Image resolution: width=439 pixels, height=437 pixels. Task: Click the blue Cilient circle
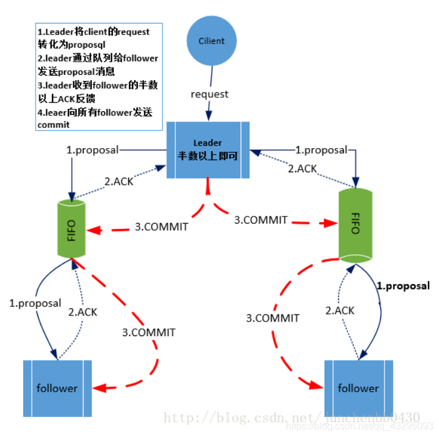pyautogui.click(x=212, y=42)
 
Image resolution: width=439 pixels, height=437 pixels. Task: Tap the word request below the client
pyautogui.click(x=210, y=94)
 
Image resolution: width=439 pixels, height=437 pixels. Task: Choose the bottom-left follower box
pyautogui.click(x=57, y=388)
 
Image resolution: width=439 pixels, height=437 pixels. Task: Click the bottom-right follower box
pyautogui.click(x=358, y=388)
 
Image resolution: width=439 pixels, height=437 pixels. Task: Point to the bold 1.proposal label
pyautogui.click(x=403, y=286)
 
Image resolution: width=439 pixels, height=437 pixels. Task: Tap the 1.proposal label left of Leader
pyautogui.click(x=93, y=149)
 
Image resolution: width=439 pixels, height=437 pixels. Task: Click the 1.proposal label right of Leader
pyautogui.click(x=322, y=149)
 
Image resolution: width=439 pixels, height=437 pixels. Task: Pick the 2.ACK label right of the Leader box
pyautogui.click(x=302, y=169)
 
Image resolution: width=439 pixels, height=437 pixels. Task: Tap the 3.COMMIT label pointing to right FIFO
pyautogui.click(x=261, y=220)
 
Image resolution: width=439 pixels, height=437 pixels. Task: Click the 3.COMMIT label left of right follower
pyautogui.click(x=273, y=317)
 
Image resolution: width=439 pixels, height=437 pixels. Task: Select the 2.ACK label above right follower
pyautogui.click(x=340, y=310)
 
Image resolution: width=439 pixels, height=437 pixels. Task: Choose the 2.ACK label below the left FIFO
pyautogui.click(x=83, y=312)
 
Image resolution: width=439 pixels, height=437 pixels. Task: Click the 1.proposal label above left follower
pyautogui.click(x=35, y=303)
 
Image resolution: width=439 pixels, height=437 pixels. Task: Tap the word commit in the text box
pyautogui.click(x=54, y=124)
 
